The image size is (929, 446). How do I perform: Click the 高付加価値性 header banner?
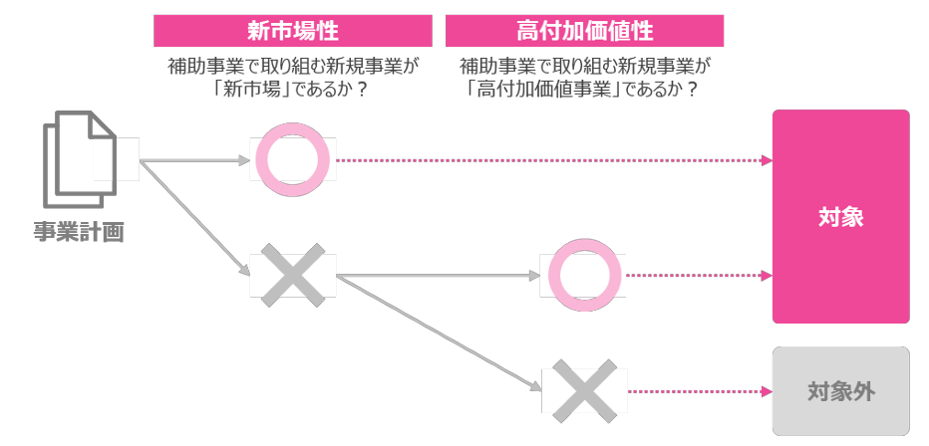pos(584,30)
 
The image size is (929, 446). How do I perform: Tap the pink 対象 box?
pos(840,217)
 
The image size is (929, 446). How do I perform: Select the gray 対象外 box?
pos(840,391)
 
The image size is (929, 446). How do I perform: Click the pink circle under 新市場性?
pos(292,159)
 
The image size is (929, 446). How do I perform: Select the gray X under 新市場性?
pos(292,274)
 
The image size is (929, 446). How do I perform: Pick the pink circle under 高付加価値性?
pos(583,275)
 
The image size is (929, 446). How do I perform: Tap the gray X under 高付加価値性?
pos(583,391)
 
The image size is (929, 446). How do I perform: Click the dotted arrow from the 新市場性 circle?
pos(553,159)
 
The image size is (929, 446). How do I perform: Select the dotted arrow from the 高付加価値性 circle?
pos(698,275)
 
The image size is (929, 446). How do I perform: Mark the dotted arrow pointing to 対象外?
pos(698,391)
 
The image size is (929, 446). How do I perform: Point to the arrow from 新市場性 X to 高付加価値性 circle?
pos(439,276)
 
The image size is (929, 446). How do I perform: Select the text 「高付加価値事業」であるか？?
pos(583,89)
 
